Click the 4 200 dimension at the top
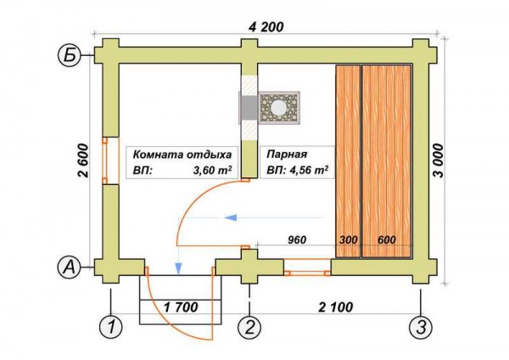(x=266, y=27)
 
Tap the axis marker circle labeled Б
(x=68, y=56)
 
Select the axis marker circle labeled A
(x=68, y=268)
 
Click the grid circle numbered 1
(x=111, y=327)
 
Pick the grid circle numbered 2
(x=249, y=327)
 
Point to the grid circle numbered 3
(x=421, y=327)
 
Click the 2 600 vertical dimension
(x=83, y=160)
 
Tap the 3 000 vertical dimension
(x=438, y=160)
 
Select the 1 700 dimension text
(x=181, y=307)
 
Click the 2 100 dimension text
(x=336, y=307)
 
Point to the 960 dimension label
(x=297, y=239)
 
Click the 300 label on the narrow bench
(x=349, y=239)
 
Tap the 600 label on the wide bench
(x=387, y=239)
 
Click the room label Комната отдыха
(x=182, y=154)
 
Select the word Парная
(x=287, y=154)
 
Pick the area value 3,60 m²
(x=213, y=170)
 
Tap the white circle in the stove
(x=279, y=107)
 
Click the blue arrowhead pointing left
(x=230, y=217)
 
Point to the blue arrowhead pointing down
(x=178, y=268)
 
